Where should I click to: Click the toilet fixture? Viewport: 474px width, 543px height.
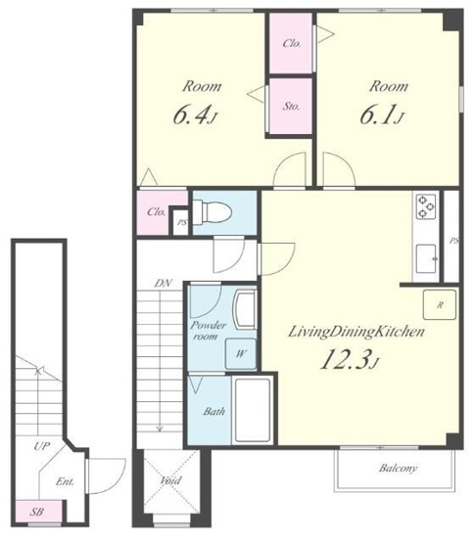(x=212, y=211)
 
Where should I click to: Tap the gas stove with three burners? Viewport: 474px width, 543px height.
(x=426, y=206)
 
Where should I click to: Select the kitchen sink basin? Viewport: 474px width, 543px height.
(x=426, y=258)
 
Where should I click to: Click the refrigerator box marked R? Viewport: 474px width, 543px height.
(x=440, y=304)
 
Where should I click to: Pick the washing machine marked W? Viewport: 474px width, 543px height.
(x=241, y=353)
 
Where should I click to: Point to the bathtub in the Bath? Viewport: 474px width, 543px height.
(x=252, y=410)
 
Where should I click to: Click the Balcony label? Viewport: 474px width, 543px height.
(x=398, y=469)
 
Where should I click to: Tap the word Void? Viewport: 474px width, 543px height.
(x=170, y=480)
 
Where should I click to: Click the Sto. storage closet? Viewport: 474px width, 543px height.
(x=291, y=107)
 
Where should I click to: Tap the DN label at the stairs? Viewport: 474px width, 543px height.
(x=163, y=284)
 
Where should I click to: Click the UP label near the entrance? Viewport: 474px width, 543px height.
(x=42, y=446)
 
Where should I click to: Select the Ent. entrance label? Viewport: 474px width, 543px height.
(x=65, y=481)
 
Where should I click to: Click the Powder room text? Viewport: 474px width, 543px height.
(x=208, y=331)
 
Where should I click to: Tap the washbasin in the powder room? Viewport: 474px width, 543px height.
(x=246, y=309)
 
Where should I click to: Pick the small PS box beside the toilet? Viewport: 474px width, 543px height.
(x=181, y=223)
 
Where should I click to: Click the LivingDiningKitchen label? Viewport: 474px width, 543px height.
(x=356, y=332)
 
